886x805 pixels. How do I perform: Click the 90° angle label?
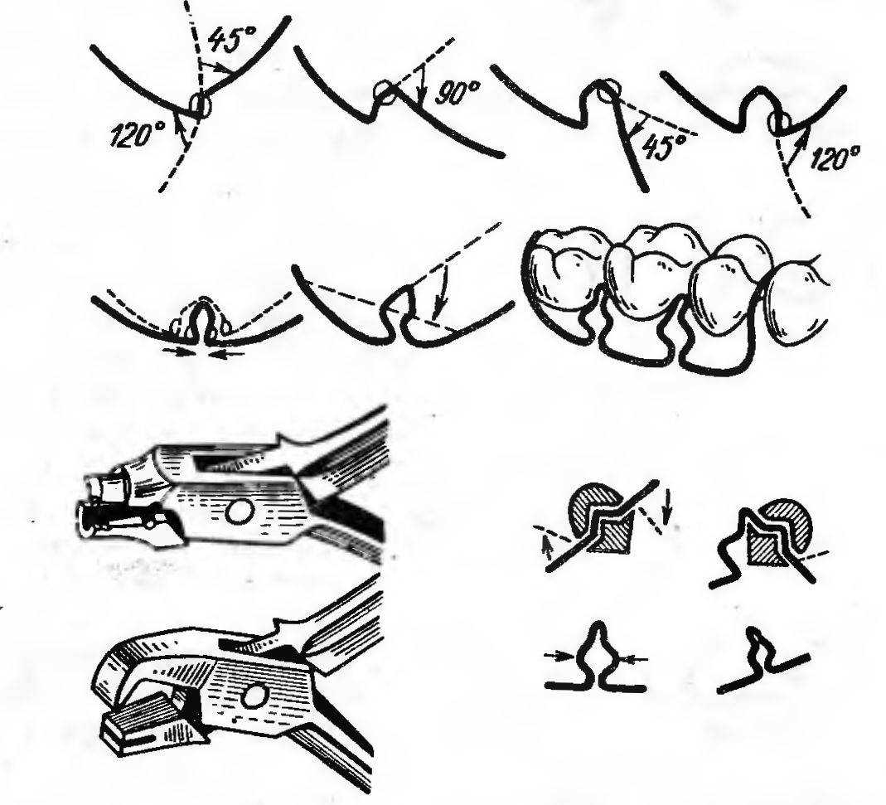458,93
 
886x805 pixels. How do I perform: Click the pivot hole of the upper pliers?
239,512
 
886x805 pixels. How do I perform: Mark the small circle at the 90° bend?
385,91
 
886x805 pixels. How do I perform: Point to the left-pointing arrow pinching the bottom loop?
634,658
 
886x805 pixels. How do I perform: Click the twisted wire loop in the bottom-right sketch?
758,650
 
